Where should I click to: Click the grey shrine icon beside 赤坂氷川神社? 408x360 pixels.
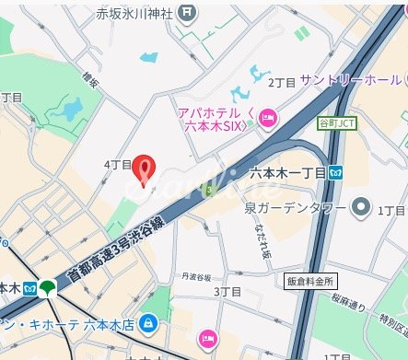[x=188, y=13]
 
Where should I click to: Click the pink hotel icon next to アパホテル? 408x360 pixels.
[x=269, y=116]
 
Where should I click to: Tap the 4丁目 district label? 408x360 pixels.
[x=118, y=164]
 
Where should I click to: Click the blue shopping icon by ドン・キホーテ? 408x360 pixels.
[x=149, y=326]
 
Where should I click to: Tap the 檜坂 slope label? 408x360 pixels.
[x=90, y=80]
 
